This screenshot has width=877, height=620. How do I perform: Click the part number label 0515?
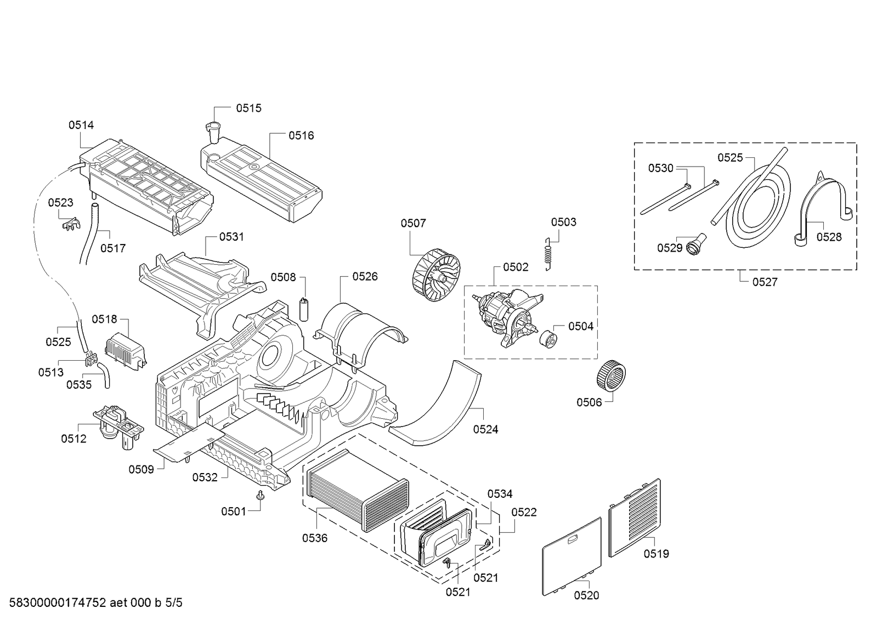point(248,108)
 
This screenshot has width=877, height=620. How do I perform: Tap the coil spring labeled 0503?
point(548,254)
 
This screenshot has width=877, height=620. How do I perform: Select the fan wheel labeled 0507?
point(436,275)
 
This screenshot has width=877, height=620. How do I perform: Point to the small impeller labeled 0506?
point(611,376)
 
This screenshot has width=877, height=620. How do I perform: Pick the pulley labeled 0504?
point(548,339)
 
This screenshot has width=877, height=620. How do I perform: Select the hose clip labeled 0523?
point(71,224)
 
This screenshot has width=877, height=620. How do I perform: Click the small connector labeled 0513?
point(91,359)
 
